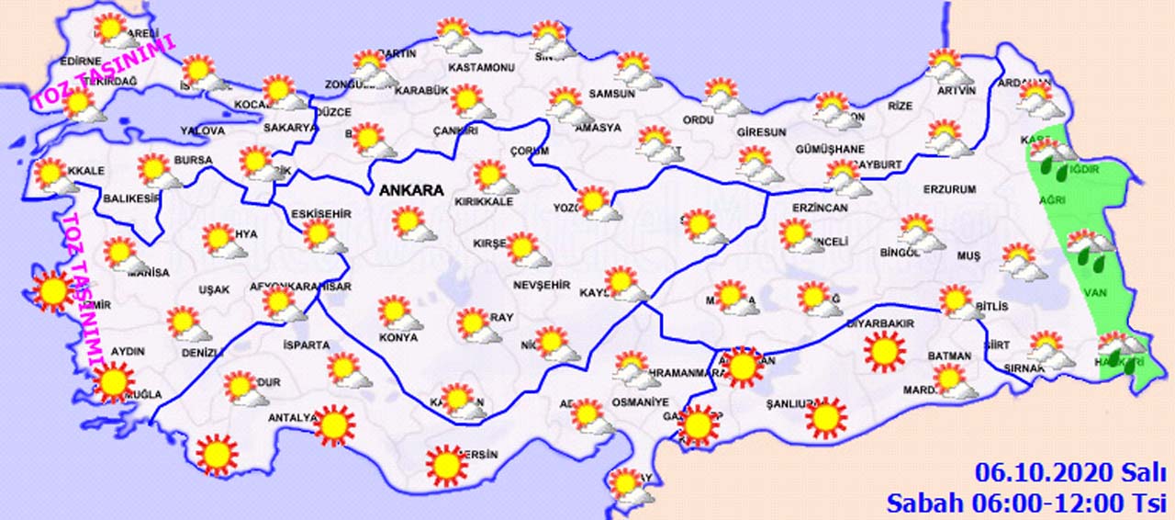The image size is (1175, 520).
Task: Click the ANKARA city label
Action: (x=411, y=191)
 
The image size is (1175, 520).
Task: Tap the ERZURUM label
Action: (x=949, y=189)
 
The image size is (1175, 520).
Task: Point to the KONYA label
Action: (x=397, y=337)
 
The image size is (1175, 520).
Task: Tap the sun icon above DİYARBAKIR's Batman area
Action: (x=885, y=352)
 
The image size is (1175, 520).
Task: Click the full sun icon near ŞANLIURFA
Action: (x=826, y=417)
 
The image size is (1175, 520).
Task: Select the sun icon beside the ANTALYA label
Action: (x=334, y=424)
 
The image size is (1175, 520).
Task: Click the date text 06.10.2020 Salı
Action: (x=1069, y=472)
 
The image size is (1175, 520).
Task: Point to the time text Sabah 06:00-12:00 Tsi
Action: (x=1025, y=502)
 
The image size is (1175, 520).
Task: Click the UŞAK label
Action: (x=214, y=289)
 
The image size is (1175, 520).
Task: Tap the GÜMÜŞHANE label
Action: (x=830, y=150)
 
